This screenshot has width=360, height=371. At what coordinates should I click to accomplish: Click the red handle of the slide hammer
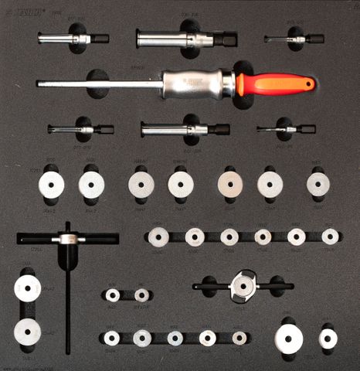pos(274,83)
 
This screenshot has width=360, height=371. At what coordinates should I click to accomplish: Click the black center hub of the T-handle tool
pos(67,240)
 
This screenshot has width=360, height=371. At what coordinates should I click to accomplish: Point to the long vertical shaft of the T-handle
pos(68,301)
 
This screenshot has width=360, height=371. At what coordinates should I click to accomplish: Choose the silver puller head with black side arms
pos(243,285)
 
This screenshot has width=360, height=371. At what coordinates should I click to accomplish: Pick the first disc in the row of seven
pos(51,185)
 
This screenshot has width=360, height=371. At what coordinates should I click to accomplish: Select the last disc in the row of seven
pos(318,184)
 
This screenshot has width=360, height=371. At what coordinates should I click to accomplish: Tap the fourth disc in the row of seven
pos(181,184)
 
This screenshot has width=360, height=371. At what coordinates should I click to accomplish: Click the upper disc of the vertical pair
pos(27,289)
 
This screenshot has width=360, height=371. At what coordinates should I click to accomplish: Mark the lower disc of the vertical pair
pos(27,330)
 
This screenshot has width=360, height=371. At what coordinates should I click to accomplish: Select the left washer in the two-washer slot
pos(113,295)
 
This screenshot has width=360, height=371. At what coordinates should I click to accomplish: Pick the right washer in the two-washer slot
pos(141,295)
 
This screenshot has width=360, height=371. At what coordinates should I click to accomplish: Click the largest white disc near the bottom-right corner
pos(289,339)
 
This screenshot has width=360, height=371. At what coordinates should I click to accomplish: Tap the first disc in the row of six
pos(159,237)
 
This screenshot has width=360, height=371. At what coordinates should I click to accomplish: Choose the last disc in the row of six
pos(330,237)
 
